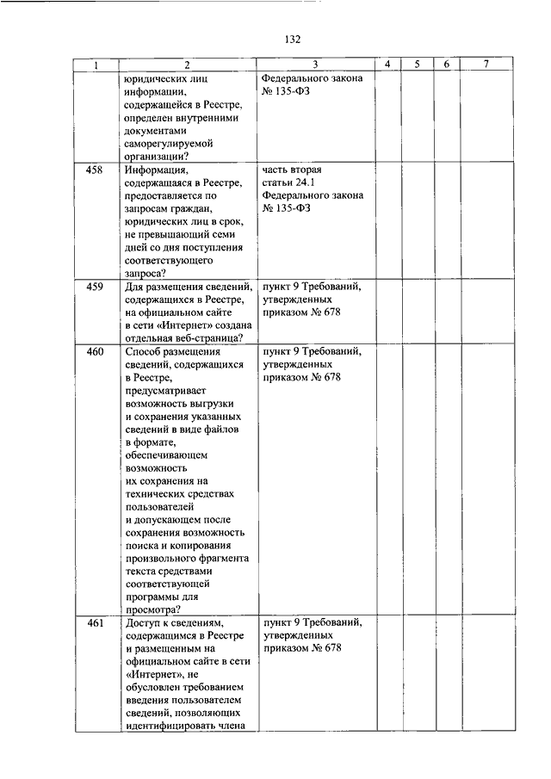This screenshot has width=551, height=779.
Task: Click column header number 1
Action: point(95,65)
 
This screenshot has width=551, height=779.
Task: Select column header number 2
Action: point(185,65)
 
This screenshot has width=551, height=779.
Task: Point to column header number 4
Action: point(388,65)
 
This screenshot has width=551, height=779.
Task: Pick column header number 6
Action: point(446,65)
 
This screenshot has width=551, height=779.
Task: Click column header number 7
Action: point(487,65)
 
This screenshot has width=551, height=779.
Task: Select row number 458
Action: point(95,170)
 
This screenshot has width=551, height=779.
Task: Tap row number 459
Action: point(95,288)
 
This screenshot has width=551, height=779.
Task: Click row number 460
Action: point(95,353)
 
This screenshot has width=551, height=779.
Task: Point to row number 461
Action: point(95,621)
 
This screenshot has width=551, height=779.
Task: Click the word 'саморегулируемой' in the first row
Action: point(168,143)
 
